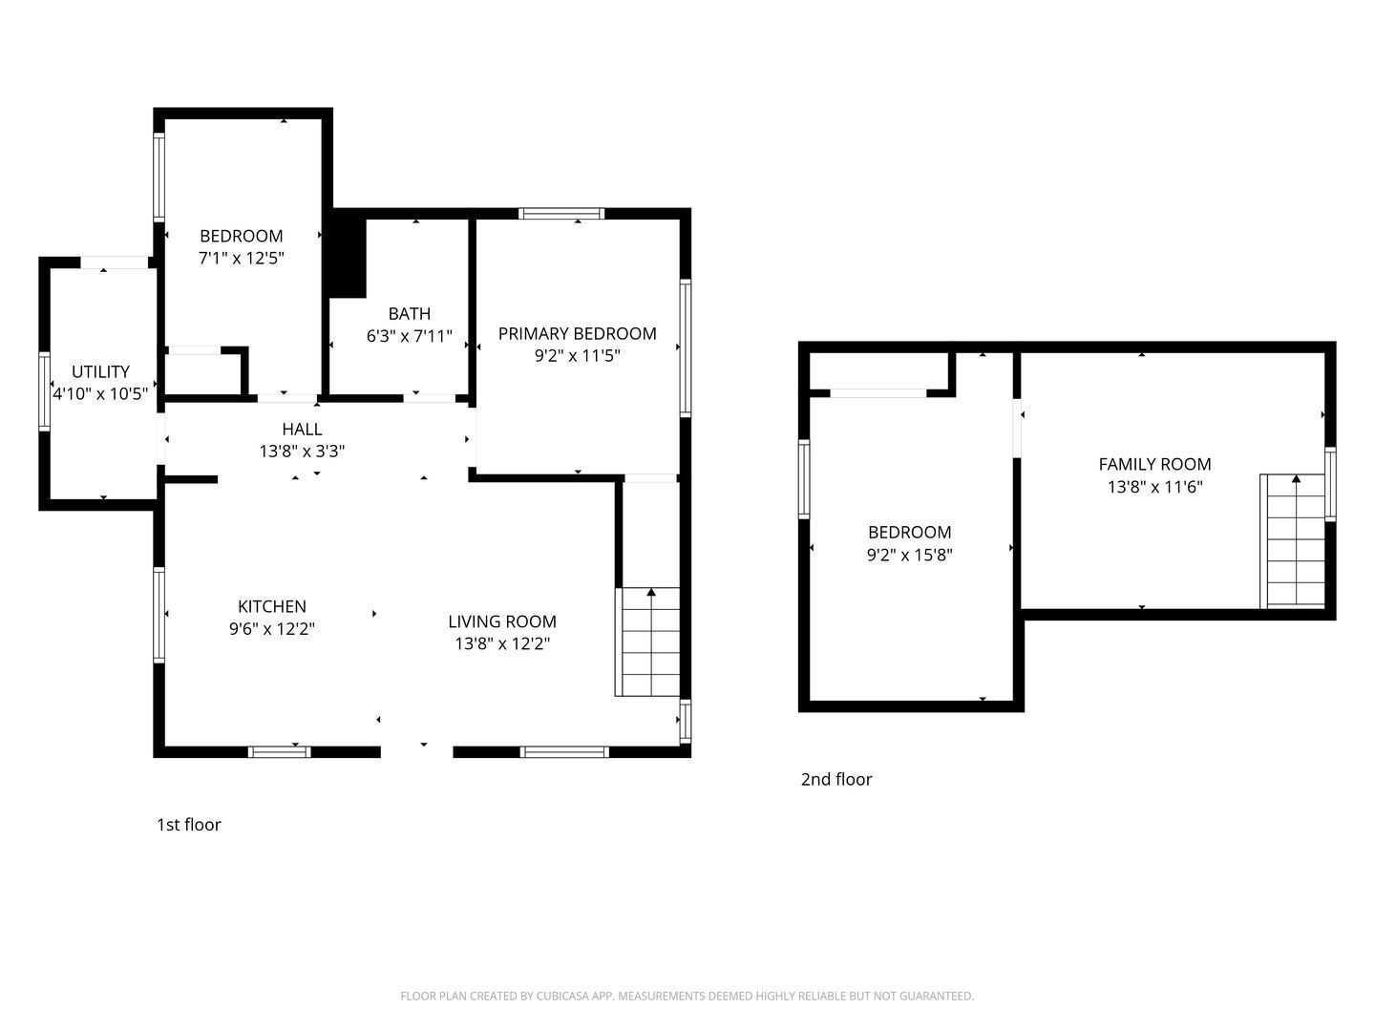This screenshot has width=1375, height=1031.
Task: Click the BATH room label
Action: click(409, 314)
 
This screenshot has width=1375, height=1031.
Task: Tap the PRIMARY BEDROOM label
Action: click(577, 334)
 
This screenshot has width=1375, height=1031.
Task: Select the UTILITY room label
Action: click(100, 372)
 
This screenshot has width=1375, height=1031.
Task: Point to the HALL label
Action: click(302, 430)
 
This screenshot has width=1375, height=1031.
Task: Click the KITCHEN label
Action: click(272, 606)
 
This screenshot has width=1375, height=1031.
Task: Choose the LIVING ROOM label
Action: click(501, 621)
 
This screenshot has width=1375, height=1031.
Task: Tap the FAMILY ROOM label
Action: click(1154, 465)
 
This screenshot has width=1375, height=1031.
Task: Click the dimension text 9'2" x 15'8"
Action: click(910, 556)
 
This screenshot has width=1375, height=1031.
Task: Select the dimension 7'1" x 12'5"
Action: click(242, 259)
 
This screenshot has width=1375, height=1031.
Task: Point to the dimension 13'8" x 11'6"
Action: click(1154, 487)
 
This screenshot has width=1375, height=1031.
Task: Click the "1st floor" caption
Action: click(188, 825)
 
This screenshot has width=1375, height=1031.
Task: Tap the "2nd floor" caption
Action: click(836, 779)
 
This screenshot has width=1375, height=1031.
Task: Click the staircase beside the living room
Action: click(647, 642)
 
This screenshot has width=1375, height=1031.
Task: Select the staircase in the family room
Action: click(1292, 541)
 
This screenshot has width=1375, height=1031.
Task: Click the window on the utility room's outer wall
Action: click(45, 391)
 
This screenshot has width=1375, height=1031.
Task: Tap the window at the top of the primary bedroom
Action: click(561, 214)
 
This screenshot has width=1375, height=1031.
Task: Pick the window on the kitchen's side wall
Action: click(159, 615)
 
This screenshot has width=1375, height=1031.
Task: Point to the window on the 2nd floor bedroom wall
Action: click(804, 479)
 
